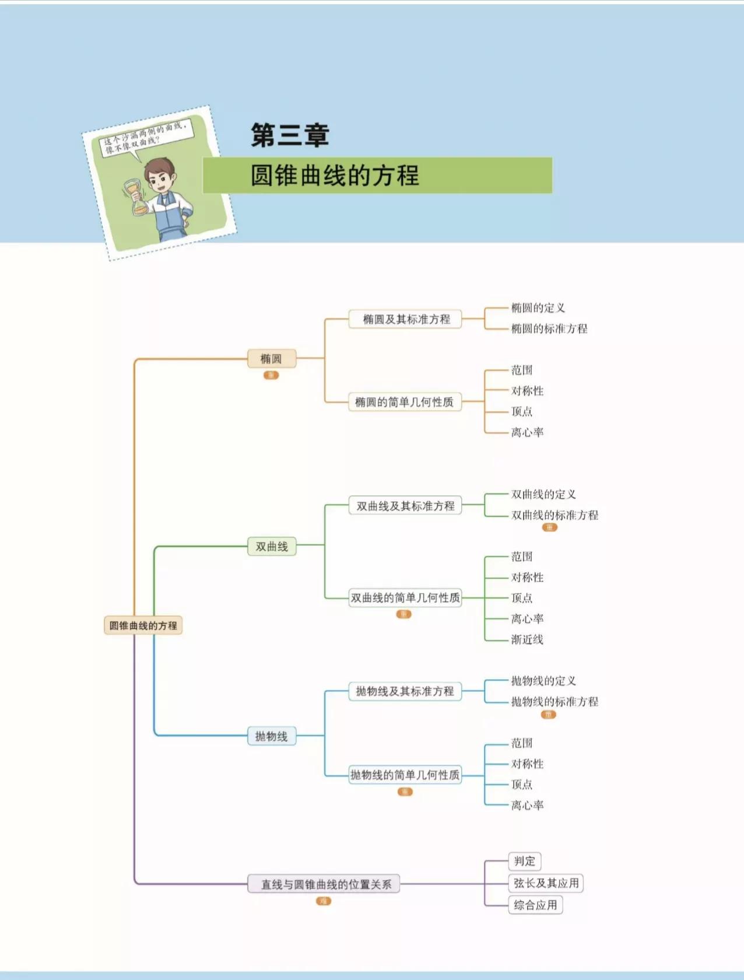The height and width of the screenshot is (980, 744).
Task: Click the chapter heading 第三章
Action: point(290,135)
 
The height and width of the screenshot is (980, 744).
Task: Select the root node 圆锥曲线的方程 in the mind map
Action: point(143,625)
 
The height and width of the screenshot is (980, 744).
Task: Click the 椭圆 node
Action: point(271,359)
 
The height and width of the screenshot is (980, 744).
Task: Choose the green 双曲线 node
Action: point(272,547)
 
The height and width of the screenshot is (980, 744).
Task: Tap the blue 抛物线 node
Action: point(272,736)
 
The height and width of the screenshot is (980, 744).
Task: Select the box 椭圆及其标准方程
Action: point(406,319)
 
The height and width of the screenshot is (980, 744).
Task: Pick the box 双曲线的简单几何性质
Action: point(405,598)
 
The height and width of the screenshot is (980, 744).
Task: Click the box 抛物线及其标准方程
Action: point(405,691)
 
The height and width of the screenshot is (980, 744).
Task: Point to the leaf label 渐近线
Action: point(527,639)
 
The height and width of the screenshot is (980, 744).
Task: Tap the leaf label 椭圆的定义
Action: point(538,308)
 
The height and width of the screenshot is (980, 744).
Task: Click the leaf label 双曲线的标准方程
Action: point(555,515)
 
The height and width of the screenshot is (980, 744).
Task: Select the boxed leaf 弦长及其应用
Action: point(546,883)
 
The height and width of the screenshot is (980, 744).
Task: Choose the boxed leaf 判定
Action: point(524,861)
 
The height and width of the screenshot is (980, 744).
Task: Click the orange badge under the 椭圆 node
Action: point(271,375)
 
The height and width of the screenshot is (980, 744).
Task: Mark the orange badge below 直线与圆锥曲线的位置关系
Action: point(324,901)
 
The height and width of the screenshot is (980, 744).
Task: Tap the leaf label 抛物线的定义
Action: point(543,681)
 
